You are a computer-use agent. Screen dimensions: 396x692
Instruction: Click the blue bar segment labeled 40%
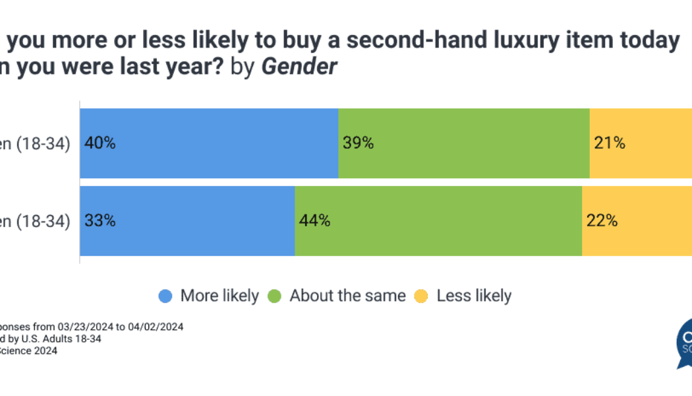pos(209,143)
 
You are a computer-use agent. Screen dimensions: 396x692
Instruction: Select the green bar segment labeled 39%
pos(464,143)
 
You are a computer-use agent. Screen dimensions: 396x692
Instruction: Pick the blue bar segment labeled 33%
pos(187,220)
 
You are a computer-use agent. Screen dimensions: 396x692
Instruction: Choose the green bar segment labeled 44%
pos(438,220)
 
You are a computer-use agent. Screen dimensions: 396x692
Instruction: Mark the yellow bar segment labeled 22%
pos(637,220)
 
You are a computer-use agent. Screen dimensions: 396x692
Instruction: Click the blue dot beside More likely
pos(165,296)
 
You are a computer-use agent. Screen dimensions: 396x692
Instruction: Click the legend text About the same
pos(347,296)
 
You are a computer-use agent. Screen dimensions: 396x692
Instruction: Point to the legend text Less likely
pos(474,296)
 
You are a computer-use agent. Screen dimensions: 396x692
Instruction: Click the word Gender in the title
pos(300,67)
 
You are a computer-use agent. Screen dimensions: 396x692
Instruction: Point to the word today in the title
pos(649,41)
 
